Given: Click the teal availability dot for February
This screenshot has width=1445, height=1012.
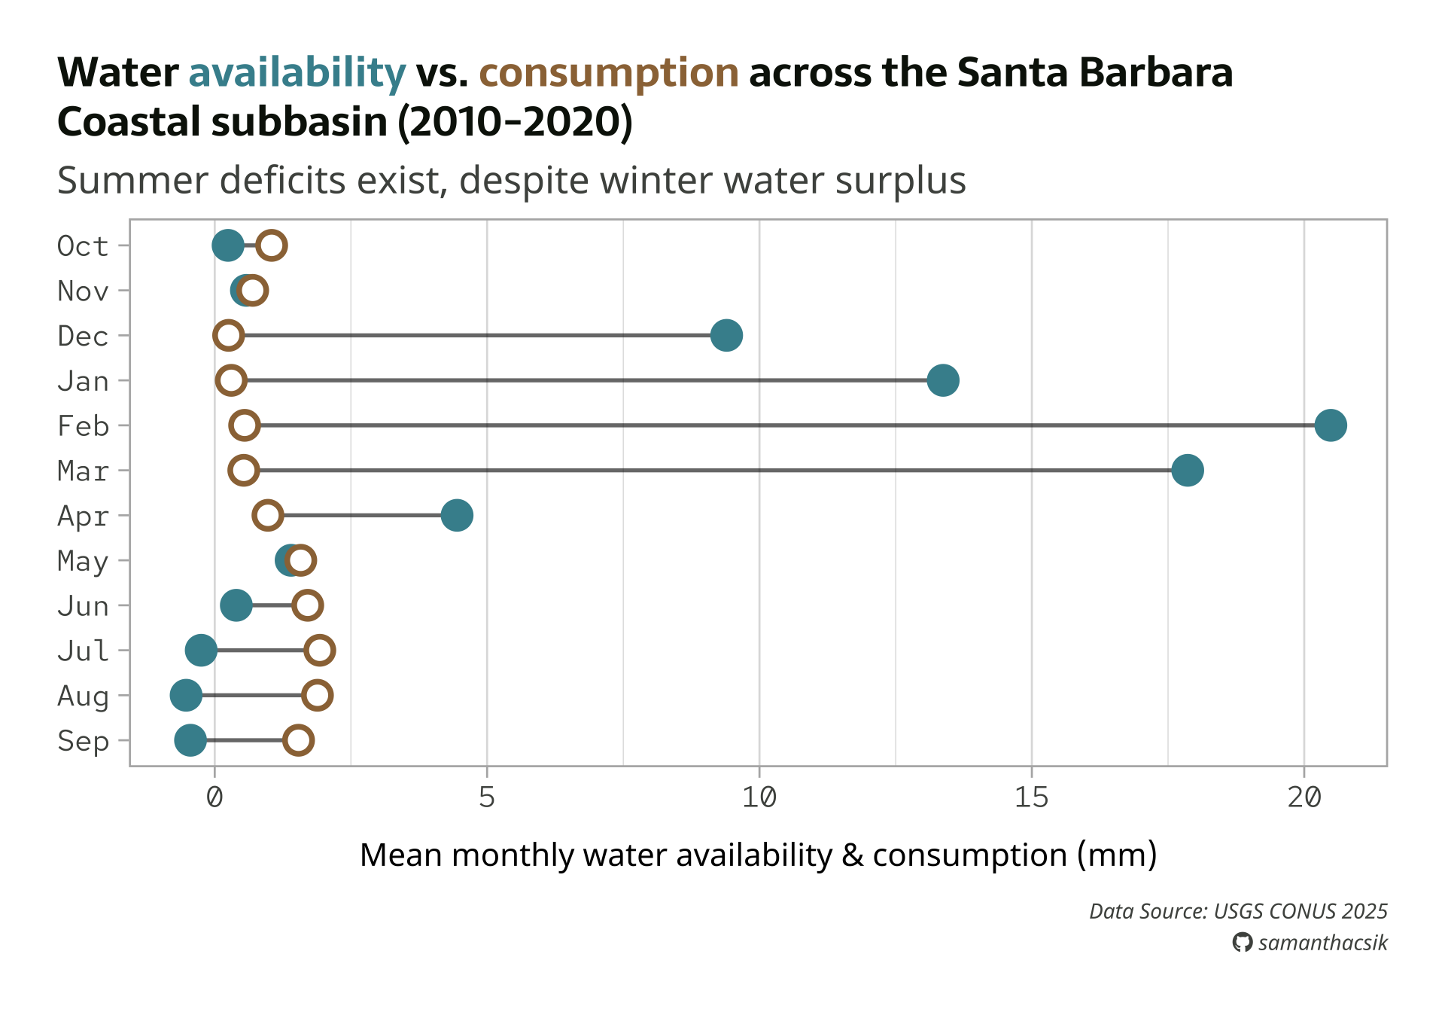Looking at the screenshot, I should pos(1330,425).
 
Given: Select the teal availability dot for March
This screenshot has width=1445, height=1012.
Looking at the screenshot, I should pos(1187,471).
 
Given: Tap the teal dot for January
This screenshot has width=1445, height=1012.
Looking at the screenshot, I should pos(942,380).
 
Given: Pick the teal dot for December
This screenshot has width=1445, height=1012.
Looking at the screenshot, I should pos(726,335).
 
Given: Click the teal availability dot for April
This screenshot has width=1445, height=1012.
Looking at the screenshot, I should pos(457,516).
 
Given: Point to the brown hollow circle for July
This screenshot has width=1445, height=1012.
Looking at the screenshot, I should pos(320,651).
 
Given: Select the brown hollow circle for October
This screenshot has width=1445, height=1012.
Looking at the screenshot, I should pos(271,245).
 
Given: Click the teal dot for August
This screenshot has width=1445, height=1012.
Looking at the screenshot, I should pos(186,695).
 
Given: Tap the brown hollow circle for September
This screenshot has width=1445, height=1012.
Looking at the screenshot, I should pos(298,740).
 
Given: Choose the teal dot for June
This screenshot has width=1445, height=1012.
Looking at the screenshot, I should pos(236,605).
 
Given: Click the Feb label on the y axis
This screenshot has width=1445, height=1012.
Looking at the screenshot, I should pos(83,426).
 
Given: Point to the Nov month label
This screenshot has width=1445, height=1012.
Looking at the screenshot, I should pos(83,291).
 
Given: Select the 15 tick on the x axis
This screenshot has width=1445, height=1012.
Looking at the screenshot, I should pos(1031,797).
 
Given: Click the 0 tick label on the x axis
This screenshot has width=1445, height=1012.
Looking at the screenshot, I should pos(214,797).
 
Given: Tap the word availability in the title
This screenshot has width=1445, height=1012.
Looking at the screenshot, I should pos(297,72).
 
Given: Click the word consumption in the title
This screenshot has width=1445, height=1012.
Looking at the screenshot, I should pos(608,72).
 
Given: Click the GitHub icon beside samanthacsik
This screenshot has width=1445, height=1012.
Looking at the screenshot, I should pos(1242,943).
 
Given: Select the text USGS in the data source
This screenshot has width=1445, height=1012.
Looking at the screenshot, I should pos(1238,911).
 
